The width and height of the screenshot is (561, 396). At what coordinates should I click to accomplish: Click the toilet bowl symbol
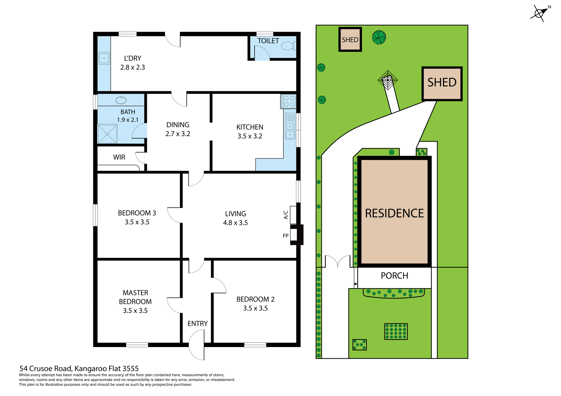coord(288,46)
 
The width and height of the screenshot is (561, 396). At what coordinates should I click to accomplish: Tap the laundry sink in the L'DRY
coord(104,58)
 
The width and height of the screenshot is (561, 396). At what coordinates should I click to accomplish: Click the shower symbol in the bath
coord(107,134)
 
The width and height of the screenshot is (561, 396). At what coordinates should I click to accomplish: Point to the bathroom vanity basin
coord(121,100)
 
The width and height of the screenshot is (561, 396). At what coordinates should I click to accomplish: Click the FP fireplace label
coord(285,236)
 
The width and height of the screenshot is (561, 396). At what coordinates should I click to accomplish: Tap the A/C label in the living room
coord(286,215)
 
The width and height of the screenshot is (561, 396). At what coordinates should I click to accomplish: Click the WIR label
coord(119,157)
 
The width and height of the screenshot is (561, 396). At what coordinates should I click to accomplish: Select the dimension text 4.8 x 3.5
coord(235,223)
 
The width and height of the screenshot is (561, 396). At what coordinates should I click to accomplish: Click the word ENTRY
coord(198,324)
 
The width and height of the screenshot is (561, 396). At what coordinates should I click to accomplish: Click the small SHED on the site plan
coord(350,40)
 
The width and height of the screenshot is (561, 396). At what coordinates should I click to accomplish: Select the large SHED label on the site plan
coord(442,83)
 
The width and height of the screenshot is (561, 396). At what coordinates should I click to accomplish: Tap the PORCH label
coord(394,276)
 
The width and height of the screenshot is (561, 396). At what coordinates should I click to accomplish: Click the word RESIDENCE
coord(394,213)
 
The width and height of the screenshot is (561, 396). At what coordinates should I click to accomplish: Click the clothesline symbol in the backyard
coord(388,80)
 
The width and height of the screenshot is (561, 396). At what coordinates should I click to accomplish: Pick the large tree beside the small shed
coord(379,37)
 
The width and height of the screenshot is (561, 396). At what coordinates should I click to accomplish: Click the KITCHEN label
coord(250,127)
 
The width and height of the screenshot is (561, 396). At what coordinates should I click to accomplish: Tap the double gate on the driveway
coord(338,261)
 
